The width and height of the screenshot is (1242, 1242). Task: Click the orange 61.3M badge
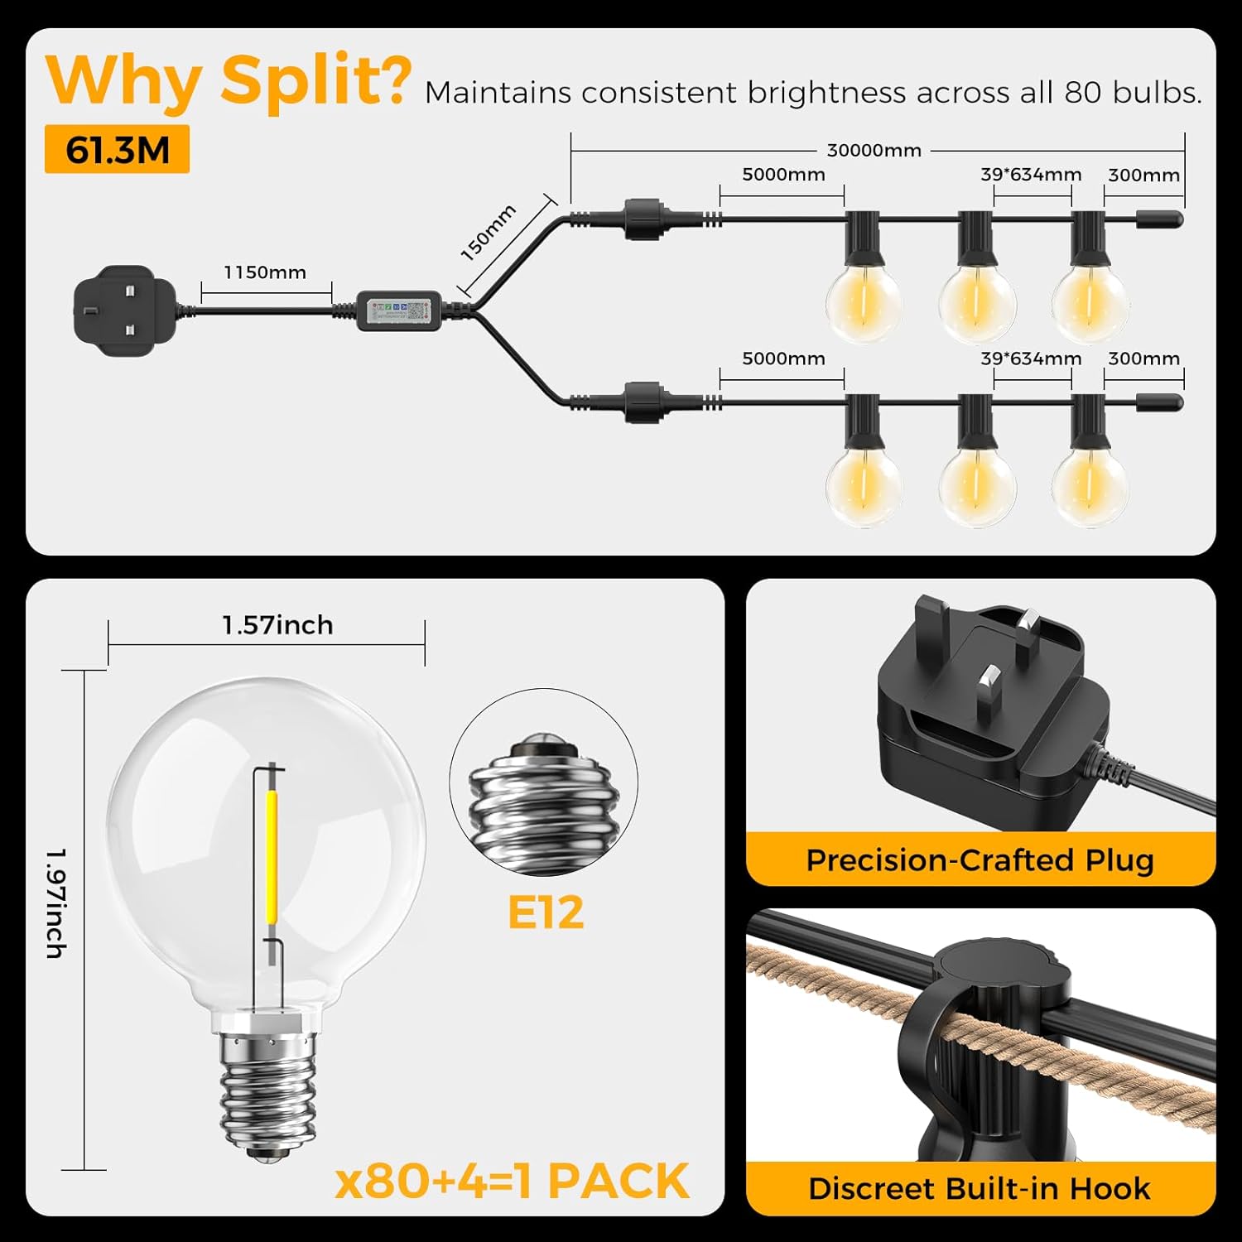click(117, 150)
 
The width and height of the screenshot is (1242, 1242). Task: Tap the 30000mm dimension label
click(874, 151)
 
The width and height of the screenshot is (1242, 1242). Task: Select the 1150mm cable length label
click(265, 272)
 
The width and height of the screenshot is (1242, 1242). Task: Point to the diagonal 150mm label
click(489, 233)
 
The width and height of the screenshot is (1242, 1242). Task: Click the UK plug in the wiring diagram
click(124, 310)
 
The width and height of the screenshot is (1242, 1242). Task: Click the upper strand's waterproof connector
click(643, 219)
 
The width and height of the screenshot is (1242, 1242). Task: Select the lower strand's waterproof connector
click(643, 402)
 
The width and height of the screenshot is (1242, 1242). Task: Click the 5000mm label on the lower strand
click(783, 359)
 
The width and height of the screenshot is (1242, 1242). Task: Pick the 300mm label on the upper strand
click(1143, 175)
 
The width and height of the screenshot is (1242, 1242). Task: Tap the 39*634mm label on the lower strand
click(1031, 359)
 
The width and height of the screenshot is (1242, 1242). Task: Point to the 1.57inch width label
click(277, 625)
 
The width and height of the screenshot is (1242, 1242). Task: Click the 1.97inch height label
click(55, 903)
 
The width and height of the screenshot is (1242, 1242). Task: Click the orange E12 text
click(546, 912)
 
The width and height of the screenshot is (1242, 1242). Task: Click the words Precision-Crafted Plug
click(980, 860)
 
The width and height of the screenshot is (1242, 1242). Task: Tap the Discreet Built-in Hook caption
click(980, 1188)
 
